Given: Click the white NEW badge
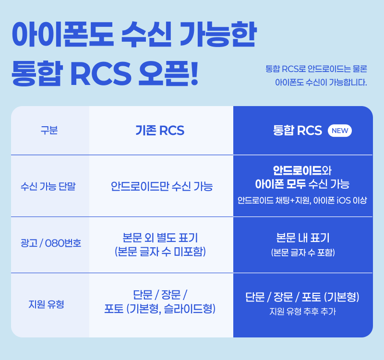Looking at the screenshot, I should tap(340, 131).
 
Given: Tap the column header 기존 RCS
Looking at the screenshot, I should tap(160, 131).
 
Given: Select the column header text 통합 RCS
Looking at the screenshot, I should tap(298, 131).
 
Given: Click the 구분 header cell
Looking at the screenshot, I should tap(49, 131).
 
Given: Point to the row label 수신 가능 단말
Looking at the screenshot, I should tap(48, 186).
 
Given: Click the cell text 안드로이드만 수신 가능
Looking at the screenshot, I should tap(161, 186).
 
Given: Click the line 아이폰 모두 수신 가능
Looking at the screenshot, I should tap(302, 184).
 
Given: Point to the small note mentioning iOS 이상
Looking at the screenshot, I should tap(302, 200).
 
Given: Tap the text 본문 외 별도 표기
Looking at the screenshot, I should tap(160, 238).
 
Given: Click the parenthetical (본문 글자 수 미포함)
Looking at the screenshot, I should tap(160, 252).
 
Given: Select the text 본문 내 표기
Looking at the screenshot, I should tap(303, 238).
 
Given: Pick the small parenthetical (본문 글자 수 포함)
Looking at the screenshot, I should tap(303, 252).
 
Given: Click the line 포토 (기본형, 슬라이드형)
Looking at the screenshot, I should tap(160, 309).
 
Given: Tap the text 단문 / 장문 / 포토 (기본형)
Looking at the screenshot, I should tap(302, 297).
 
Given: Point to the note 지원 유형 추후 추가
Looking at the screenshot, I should tap(302, 312).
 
